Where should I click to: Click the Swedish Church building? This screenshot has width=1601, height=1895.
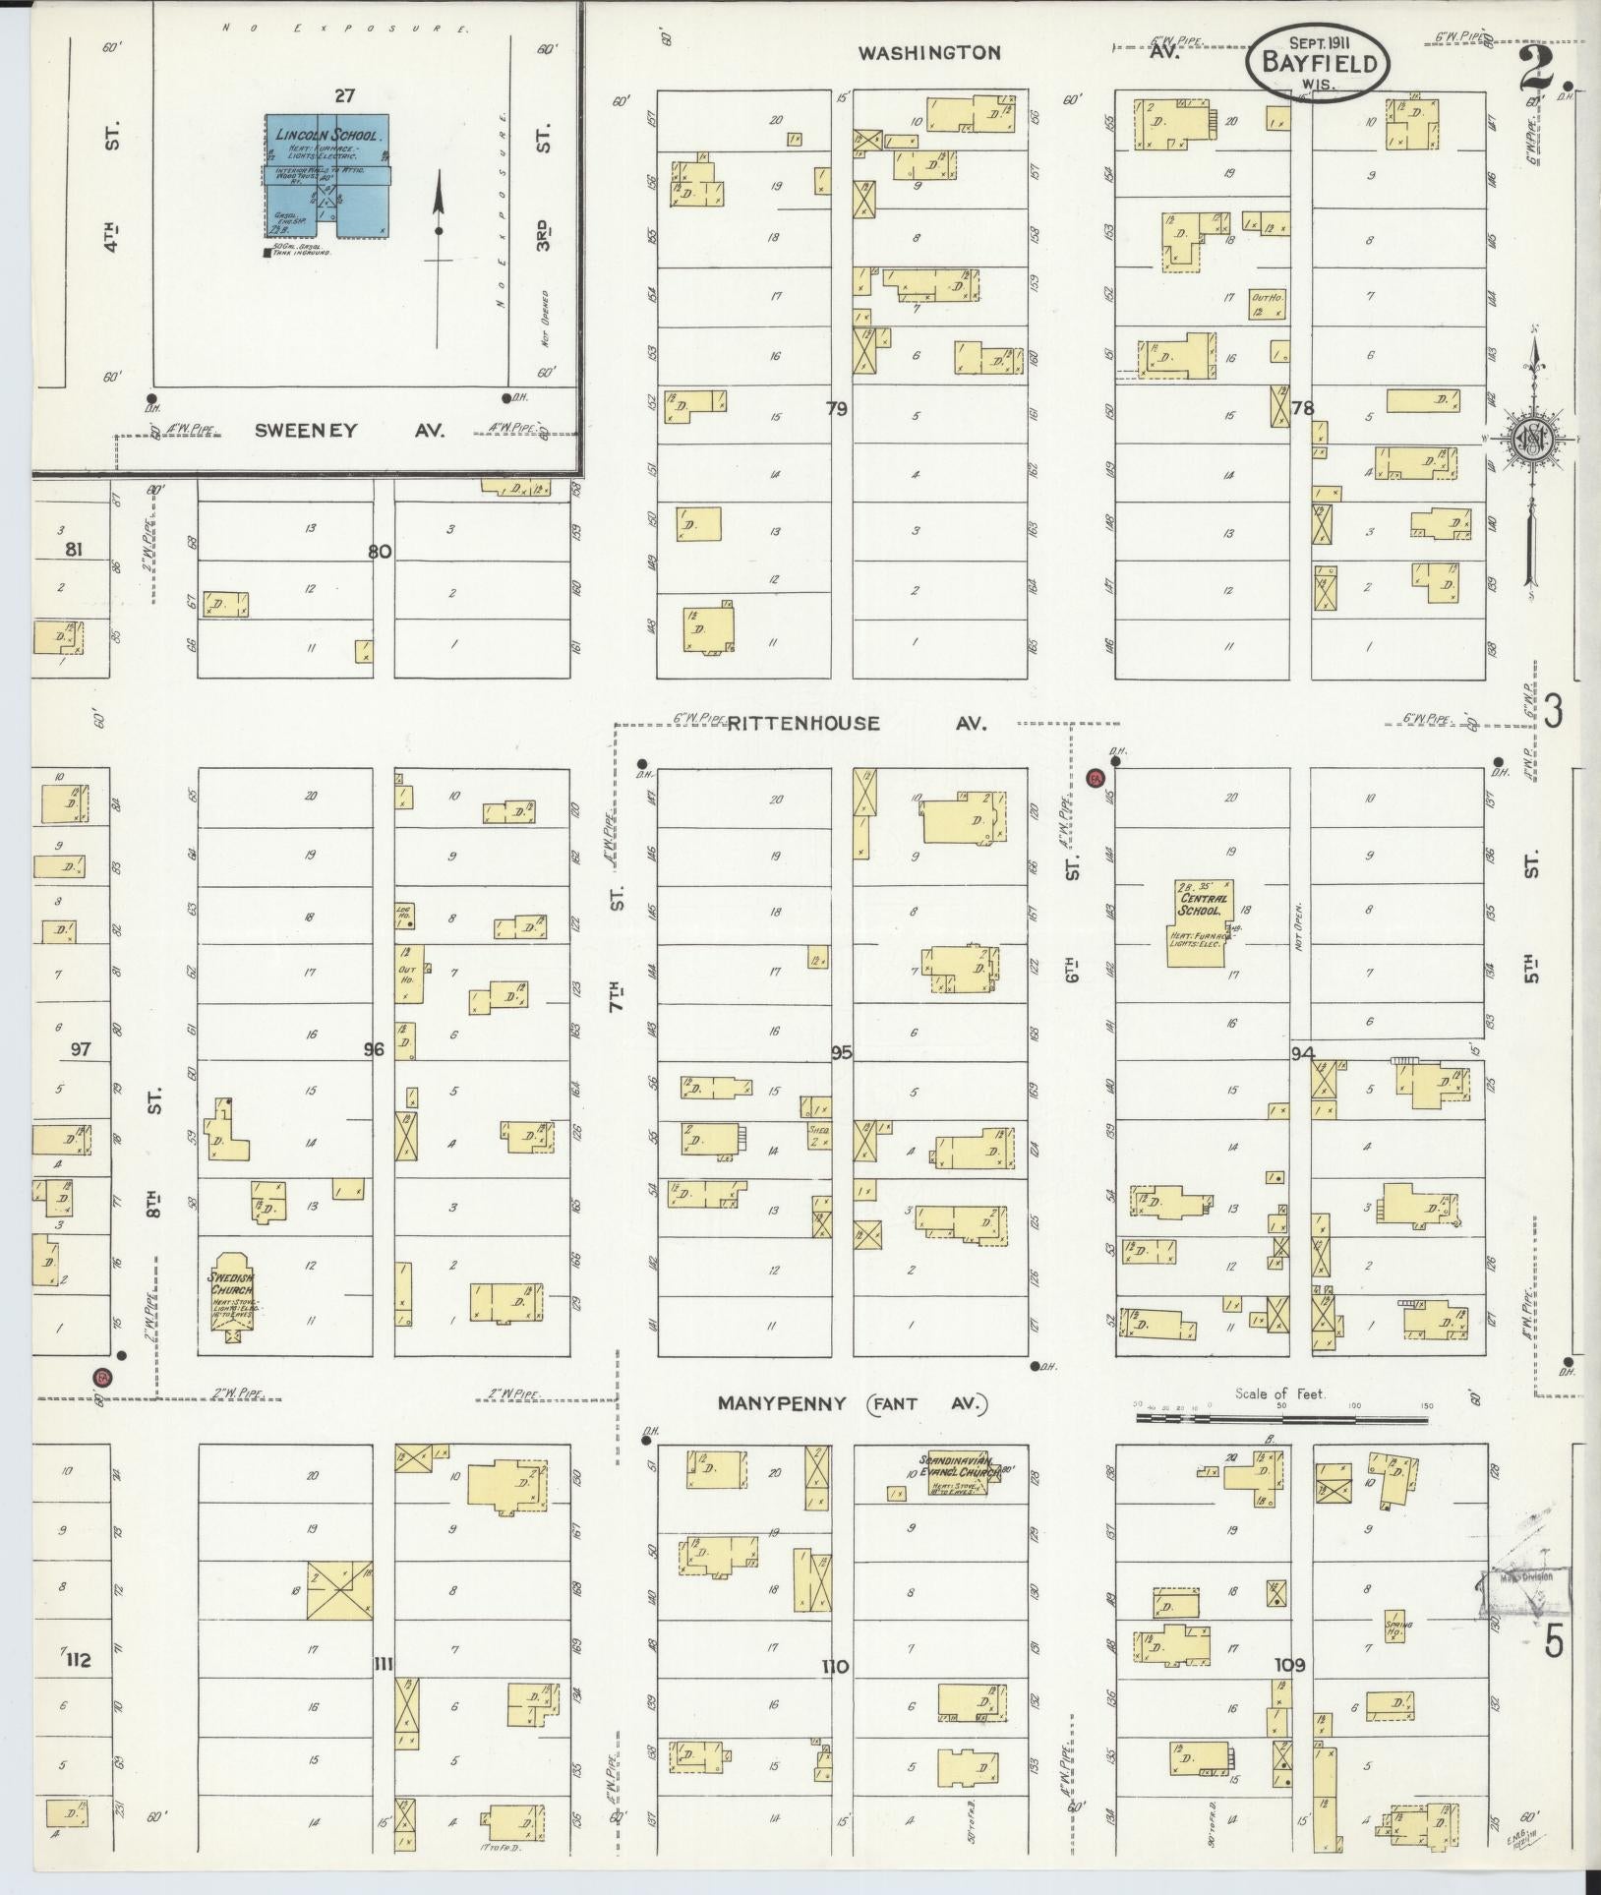(x=232, y=1295)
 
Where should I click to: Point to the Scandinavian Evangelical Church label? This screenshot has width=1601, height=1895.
(x=959, y=1471)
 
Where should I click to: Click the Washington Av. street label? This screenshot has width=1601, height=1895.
(x=929, y=53)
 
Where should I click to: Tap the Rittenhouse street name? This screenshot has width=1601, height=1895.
(x=803, y=724)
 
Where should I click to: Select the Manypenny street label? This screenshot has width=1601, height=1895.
(x=782, y=1403)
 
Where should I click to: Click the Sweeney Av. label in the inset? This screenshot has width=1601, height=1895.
(x=306, y=430)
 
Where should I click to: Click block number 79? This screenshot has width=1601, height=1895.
(x=836, y=408)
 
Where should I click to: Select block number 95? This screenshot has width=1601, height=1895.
(x=841, y=1052)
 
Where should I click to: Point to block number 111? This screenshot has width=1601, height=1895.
(x=384, y=1664)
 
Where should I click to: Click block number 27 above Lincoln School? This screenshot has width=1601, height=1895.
(x=343, y=95)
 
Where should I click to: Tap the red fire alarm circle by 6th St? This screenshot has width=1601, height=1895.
(x=1097, y=778)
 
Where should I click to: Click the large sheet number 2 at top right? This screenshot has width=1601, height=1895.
(x=1540, y=67)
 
